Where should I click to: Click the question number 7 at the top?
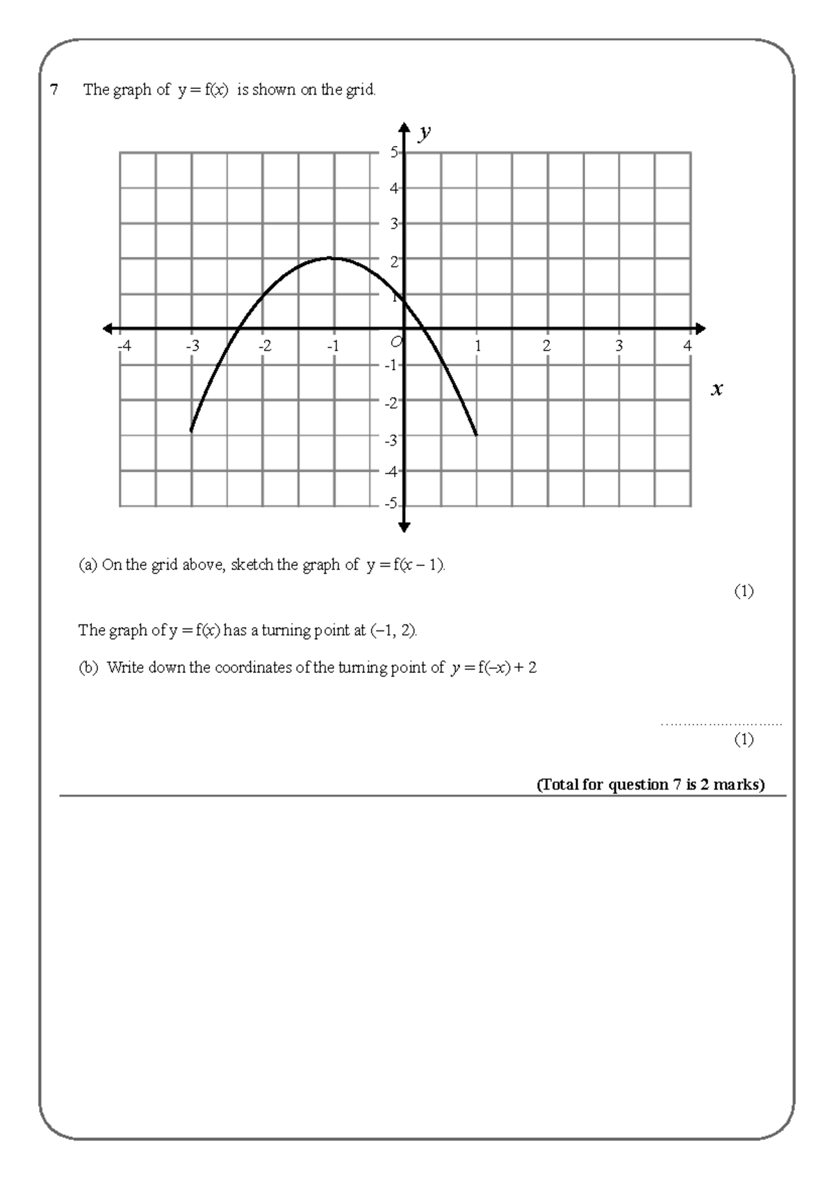click(x=54, y=90)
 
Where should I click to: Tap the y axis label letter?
click(x=425, y=132)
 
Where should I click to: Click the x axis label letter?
click(x=717, y=389)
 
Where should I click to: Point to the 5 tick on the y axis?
click(x=394, y=152)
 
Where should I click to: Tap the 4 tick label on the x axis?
click(x=688, y=345)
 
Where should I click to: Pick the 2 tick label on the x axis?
click(x=547, y=345)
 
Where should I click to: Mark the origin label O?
click(x=395, y=341)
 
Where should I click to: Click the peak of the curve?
click(x=334, y=258)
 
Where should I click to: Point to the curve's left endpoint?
click(x=191, y=431)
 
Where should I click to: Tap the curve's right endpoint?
click(x=477, y=435)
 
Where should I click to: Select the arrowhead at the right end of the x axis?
click(x=701, y=329)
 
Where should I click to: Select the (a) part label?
click(x=88, y=565)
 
